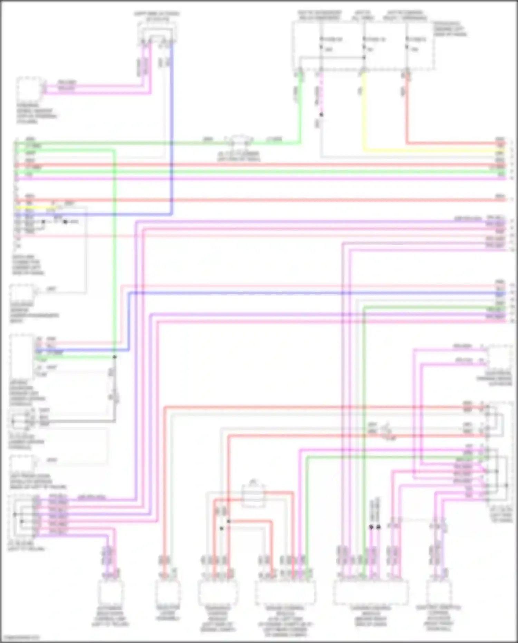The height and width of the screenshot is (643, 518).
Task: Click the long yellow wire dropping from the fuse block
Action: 363,114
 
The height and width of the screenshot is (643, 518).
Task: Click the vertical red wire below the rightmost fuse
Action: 407,111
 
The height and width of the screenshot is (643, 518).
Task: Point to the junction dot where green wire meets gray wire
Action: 115,357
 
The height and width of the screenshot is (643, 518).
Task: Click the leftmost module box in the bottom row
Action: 111,592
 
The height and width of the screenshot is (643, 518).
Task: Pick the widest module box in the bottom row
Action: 371,592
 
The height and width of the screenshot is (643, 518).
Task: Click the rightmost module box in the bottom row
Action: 439,592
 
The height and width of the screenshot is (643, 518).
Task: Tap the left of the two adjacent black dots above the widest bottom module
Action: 371,527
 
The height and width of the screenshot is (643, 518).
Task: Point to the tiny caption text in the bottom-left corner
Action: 20,637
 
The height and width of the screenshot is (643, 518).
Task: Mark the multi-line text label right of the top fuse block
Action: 450,29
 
